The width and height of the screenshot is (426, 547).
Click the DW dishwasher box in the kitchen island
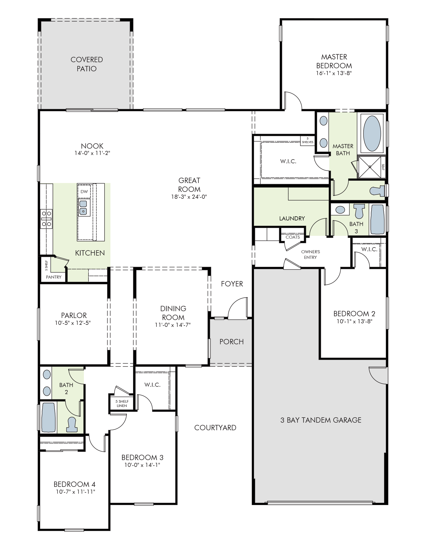pos(84,191)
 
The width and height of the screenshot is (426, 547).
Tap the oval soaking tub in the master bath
pos(372,133)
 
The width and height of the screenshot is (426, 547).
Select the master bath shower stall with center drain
pos(370,167)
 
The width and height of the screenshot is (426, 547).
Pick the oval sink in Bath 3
pos(340,210)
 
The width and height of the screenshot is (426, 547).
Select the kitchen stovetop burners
pos(46,219)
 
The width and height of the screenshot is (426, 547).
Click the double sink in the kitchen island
pos(84,207)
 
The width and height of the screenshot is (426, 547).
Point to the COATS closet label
pos(293,237)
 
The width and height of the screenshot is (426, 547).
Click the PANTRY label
pos(54,277)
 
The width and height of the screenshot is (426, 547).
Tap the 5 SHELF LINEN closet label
pos(122,403)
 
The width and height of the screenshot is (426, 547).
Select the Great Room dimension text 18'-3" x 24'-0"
pos(189,197)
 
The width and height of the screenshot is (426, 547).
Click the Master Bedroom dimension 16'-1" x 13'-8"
pos(334,73)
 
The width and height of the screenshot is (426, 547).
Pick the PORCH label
pos(231,342)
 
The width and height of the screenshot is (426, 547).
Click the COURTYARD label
pos(215,428)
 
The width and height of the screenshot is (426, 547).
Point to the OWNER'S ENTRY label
pos(311,255)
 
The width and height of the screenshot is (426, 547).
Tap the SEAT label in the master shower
pos(383,167)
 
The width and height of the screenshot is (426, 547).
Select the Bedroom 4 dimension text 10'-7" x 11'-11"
pos(76,492)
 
